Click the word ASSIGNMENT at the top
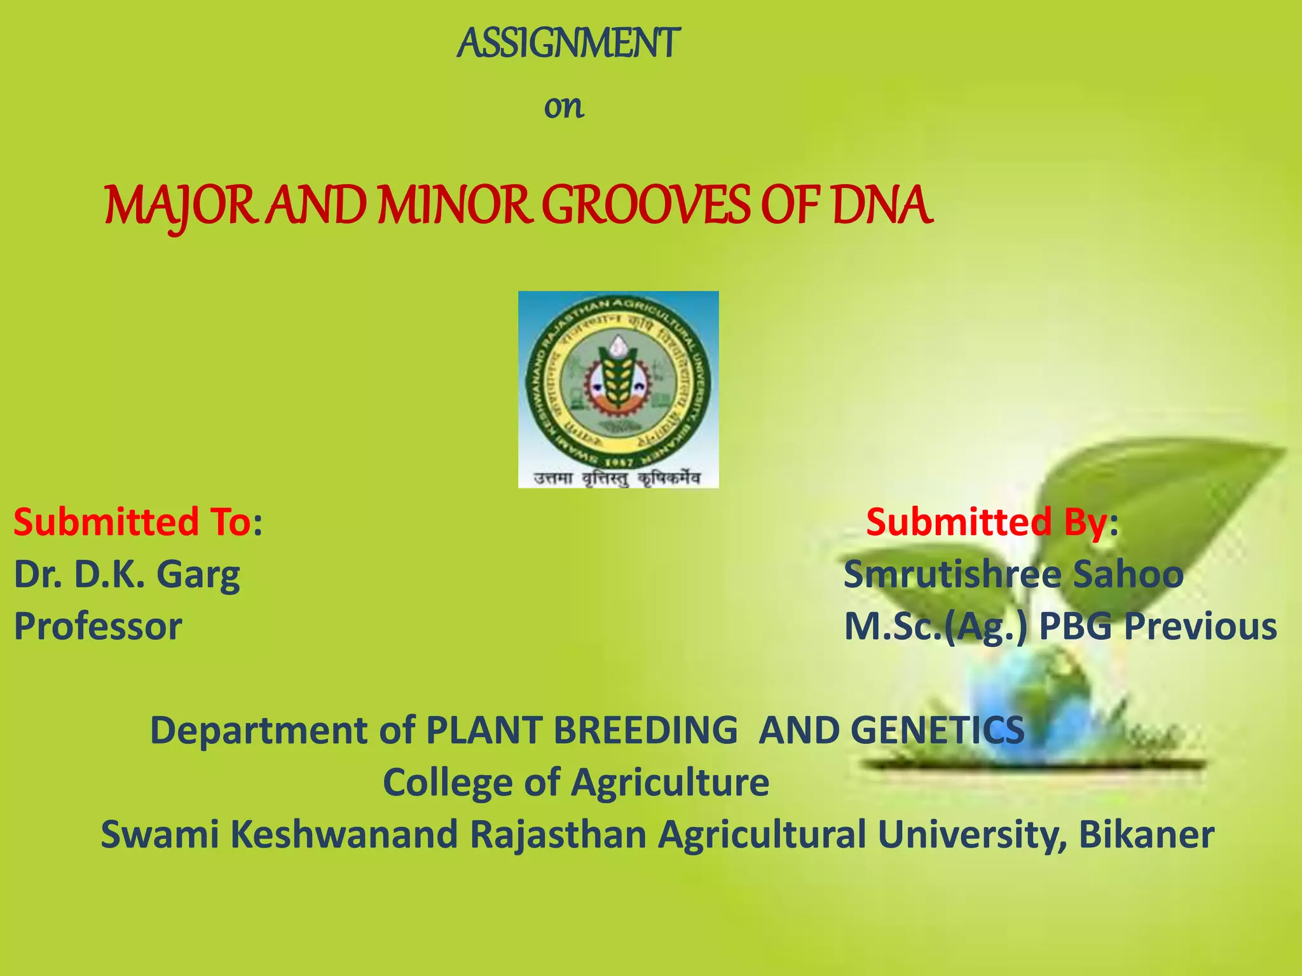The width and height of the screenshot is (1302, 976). pyautogui.click(x=568, y=44)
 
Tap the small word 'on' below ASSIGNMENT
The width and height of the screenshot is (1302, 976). pyautogui.click(x=563, y=107)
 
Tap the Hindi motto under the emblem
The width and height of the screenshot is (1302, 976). pyautogui.click(x=617, y=478)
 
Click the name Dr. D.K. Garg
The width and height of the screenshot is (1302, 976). pyautogui.click(x=127, y=574)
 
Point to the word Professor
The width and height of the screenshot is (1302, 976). pyautogui.click(x=98, y=627)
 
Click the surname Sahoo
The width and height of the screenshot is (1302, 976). pyautogui.click(x=1128, y=574)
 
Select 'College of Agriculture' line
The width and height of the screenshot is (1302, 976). pyautogui.click(x=575, y=782)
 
